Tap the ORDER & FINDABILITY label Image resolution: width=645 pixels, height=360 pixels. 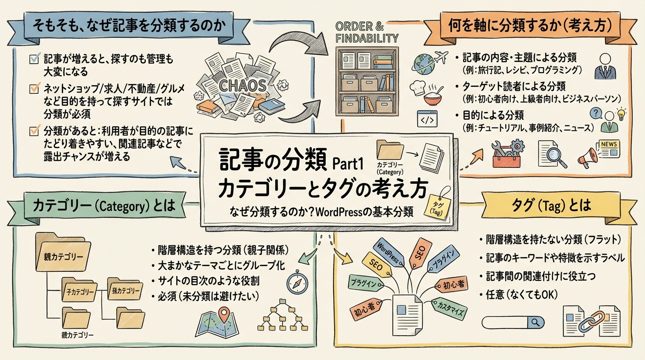[367, 32]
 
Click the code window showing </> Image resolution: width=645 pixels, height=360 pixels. [427, 119]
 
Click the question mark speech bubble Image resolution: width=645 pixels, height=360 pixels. [595, 113]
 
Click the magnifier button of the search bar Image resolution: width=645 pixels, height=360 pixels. [534, 322]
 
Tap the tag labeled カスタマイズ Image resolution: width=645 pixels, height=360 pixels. [450, 308]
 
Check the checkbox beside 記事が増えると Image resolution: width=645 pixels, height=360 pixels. [34, 59]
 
